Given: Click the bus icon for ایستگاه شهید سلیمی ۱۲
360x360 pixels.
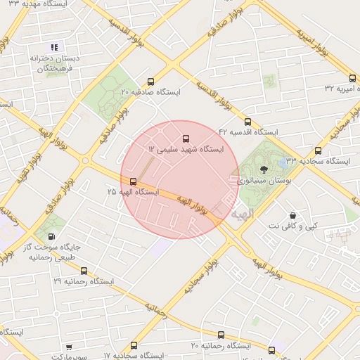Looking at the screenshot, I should point(186,139).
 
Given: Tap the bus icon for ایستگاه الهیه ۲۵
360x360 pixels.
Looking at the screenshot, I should point(134,181).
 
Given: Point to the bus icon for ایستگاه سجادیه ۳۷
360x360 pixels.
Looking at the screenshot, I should point(319,150).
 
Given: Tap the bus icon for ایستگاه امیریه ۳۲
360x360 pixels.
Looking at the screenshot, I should point(352,78).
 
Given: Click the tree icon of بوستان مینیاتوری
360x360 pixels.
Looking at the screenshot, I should point(264,169).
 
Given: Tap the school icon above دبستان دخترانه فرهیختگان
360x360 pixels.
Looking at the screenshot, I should point(54,47).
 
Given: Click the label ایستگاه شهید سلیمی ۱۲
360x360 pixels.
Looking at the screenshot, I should point(186,150).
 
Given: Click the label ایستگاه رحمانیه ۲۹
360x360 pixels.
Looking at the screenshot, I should point(83,281).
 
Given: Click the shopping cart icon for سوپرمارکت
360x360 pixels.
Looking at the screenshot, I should point(69,346).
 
